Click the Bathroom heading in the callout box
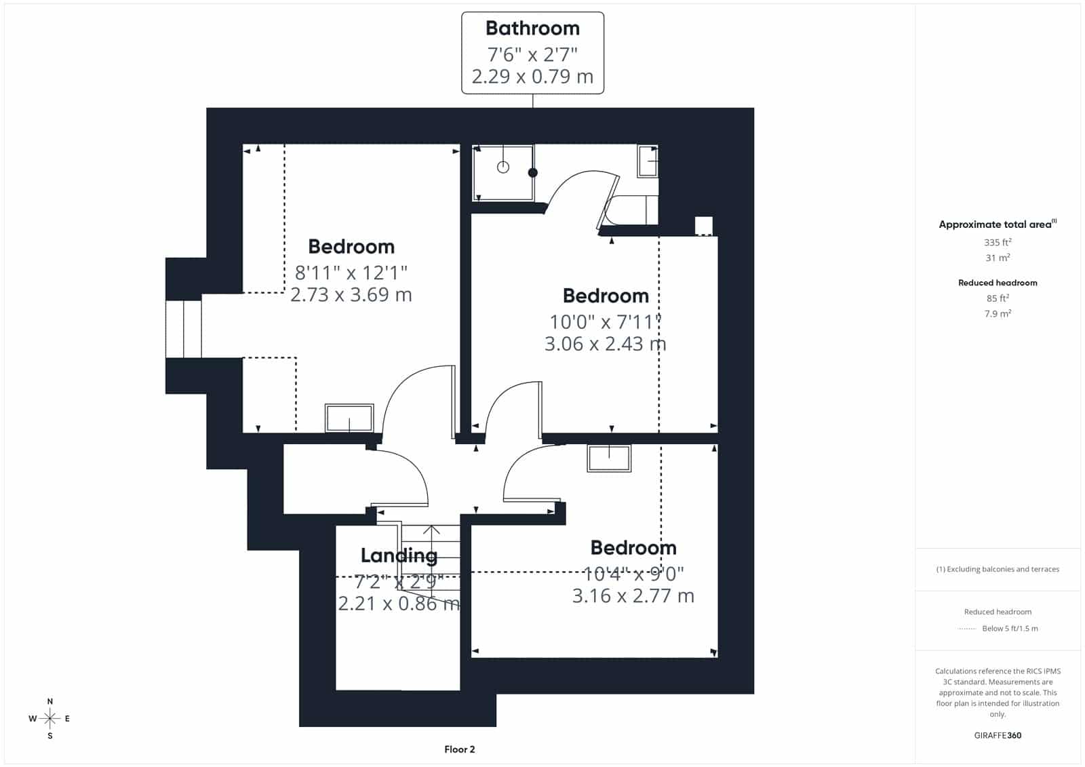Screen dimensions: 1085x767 [x=532, y=28]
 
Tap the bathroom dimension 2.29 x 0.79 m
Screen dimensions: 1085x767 [x=532, y=77]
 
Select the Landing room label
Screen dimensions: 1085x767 [x=399, y=555]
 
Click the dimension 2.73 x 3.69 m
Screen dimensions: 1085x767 [x=351, y=294]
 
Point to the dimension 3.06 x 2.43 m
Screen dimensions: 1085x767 [x=606, y=344]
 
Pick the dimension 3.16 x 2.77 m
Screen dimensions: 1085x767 [x=633, y=595]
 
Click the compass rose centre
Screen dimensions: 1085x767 [x=50, y=718]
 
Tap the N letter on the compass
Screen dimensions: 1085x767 [x=50, y=701]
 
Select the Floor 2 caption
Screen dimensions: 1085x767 [x=460, y=749]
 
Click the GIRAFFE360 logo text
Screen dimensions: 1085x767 [x=998, y=735]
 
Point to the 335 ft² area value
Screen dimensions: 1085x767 [x=998, y=242]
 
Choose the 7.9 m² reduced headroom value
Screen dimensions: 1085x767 [x=998, y=313]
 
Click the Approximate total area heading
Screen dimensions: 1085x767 [x=998, y=224]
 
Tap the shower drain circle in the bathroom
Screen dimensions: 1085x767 [x=503, y=167]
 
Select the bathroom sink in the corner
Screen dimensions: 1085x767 [x=648, y=161]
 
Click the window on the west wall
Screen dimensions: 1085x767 [x=184, y=329]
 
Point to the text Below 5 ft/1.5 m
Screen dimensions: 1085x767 [x=1010, y=629]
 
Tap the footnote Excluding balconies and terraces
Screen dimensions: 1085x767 [x=998, y=569]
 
